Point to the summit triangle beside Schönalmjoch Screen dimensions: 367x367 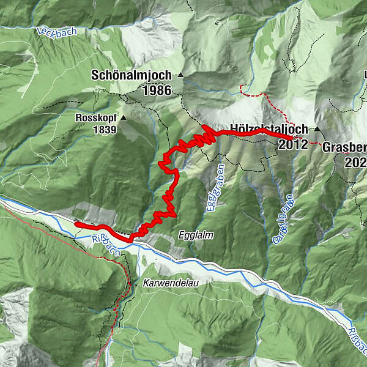181,75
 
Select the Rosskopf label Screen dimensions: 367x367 97,117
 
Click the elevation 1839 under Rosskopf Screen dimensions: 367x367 104,130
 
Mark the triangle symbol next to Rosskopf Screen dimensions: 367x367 124,117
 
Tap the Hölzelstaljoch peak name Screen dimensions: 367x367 269,130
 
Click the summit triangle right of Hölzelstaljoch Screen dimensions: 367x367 317,130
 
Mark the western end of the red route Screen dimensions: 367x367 77,224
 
